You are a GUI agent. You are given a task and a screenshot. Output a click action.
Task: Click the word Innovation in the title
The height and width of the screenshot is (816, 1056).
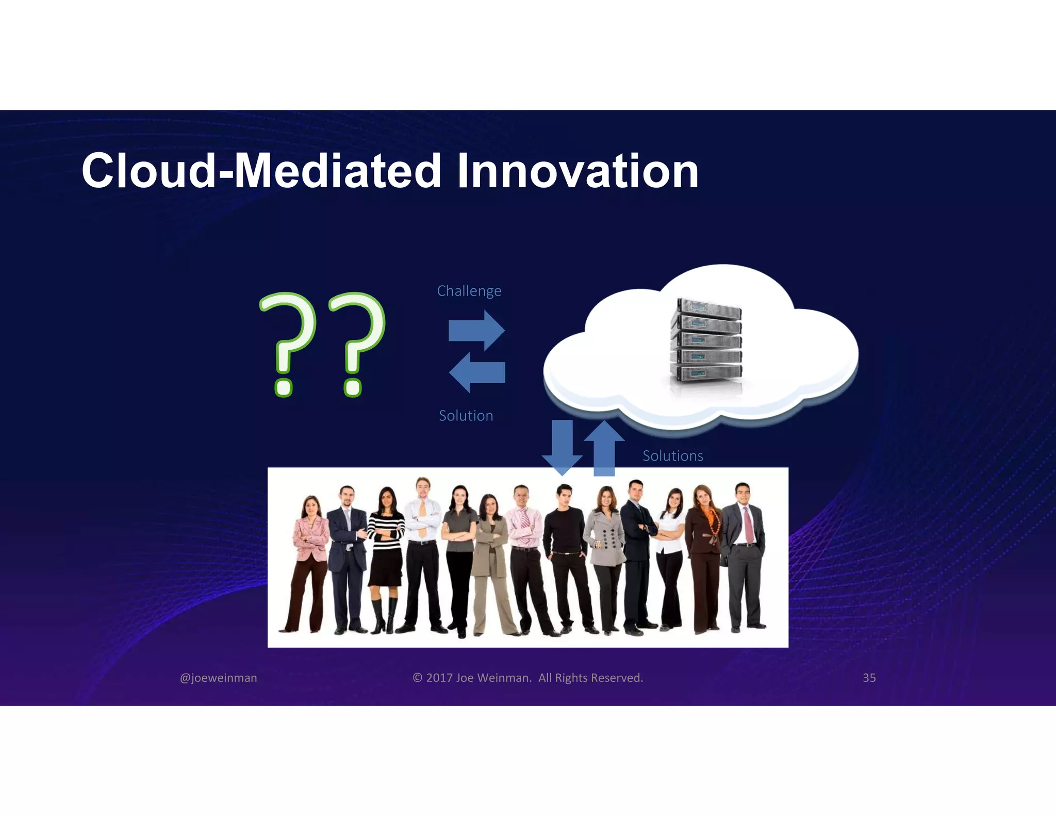(x=577, y=171)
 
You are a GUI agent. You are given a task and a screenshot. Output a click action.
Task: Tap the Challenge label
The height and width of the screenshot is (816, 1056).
(x=469, y=291)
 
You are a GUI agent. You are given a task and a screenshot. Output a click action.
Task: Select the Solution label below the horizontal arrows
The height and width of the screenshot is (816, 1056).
(x=466, y=416)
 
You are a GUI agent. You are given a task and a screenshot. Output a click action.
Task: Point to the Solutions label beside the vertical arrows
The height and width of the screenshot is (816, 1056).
(x=672, y=456)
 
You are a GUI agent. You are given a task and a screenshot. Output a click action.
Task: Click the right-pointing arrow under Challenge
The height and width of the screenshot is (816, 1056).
(x=477, y=331)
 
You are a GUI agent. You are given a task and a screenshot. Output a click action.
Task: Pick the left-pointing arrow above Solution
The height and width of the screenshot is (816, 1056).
(x=477, y=372)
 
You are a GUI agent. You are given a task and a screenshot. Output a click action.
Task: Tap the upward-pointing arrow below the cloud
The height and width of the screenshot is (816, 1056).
(x=604, y=448)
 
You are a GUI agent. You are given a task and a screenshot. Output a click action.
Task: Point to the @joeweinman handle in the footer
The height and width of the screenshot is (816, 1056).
(x=218, y=678)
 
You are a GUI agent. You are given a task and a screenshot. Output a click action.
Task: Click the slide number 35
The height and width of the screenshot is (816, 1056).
(x=869, y=678)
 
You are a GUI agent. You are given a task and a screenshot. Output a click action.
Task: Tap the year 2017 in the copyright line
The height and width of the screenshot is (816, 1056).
(x=439, y=678)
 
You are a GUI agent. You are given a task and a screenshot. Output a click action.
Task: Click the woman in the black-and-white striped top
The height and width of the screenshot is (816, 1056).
(x=386, y=547)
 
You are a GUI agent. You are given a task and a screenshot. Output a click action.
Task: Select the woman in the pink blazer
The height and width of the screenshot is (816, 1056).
(x=309, y=547)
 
